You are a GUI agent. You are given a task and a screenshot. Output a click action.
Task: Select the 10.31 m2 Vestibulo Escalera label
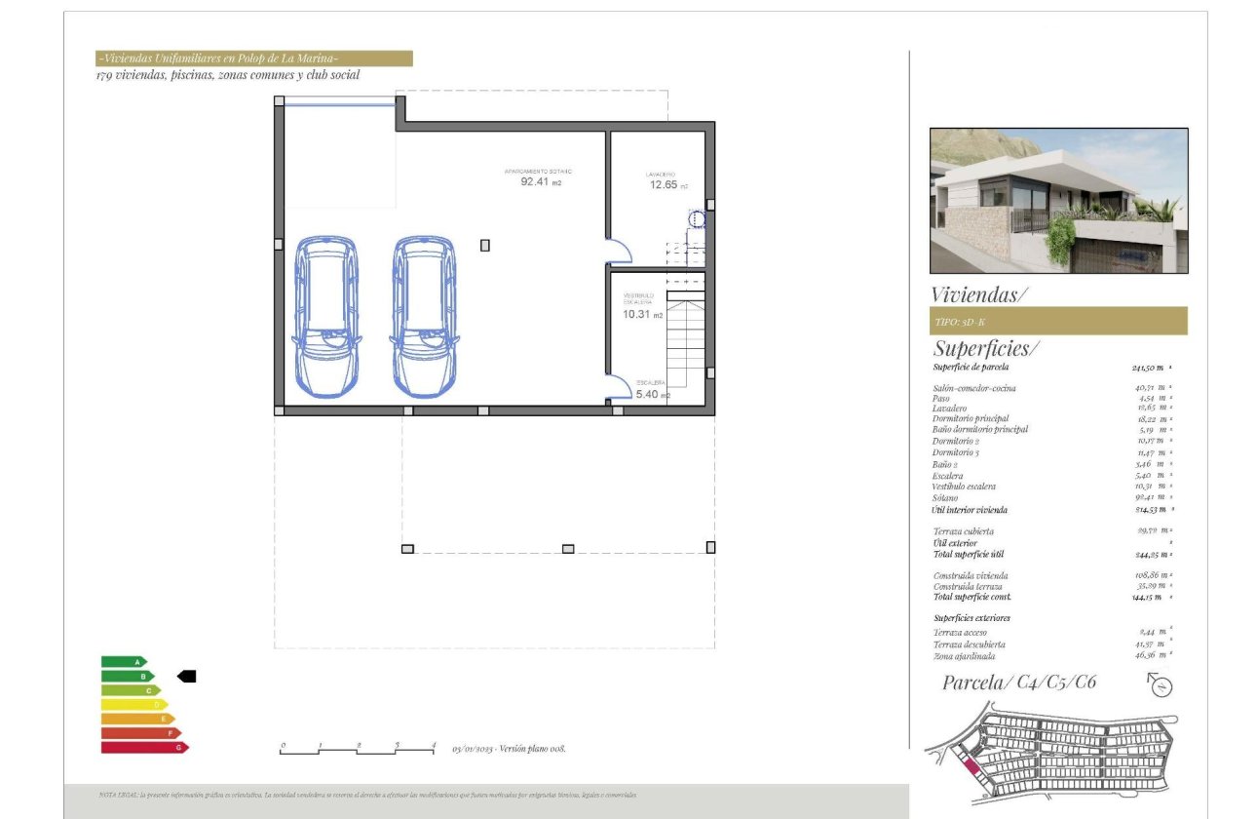point(642,314)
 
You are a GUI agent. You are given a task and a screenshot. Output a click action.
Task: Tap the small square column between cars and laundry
point(484,246)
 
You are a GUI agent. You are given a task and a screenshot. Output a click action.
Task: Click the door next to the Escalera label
point(617,387)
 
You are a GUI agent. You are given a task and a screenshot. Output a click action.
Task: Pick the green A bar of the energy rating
point(122,662)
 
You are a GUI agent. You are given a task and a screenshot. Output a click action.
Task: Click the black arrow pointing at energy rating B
point(186,676)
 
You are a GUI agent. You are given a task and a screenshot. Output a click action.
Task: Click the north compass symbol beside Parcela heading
point(1161,685)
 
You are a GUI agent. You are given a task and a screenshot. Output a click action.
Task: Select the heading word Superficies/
point(986,348)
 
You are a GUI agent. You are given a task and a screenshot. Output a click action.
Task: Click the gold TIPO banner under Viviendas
point(1057,321)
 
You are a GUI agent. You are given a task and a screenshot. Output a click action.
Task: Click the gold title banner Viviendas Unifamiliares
point(253,58)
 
